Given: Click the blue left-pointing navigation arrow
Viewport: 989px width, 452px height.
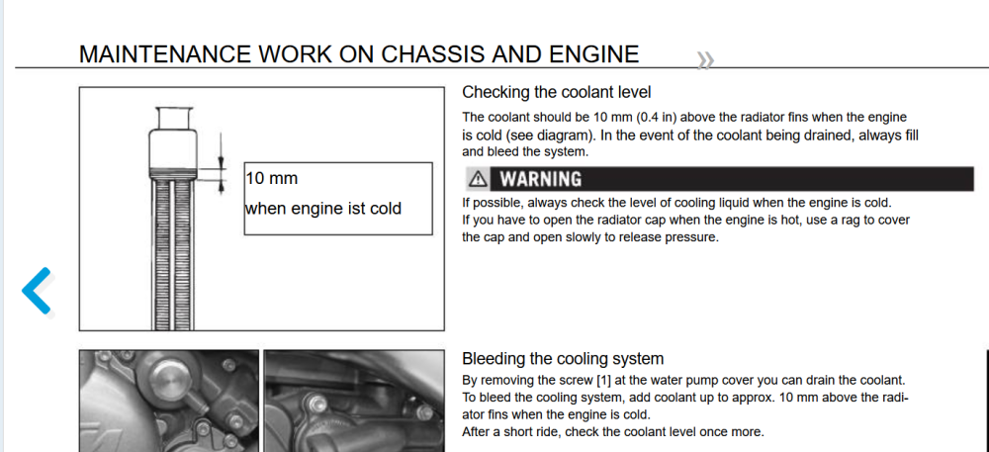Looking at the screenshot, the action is [x=36, y=291].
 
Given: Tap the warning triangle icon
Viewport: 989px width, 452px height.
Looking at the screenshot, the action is [x=479, y=180].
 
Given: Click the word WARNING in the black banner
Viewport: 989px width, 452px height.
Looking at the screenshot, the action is [x=541, y=180].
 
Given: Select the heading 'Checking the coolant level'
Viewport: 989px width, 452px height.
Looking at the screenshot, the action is [x=556, y=92].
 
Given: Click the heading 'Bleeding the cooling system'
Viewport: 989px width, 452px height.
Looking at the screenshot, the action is [x=563, y=359].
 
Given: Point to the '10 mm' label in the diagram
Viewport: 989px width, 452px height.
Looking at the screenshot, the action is [x=272, y=178].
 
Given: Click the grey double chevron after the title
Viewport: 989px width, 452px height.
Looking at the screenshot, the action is [x=705, y=60].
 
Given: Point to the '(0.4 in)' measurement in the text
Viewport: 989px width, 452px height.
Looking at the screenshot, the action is [x=656, y=118].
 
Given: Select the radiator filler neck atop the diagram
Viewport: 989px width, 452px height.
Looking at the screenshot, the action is [x=173, y=118].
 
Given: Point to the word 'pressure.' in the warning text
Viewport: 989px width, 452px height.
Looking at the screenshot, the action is [x=692, y=238].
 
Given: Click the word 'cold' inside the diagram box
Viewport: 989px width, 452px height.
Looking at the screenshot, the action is [x=384, y=208].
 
